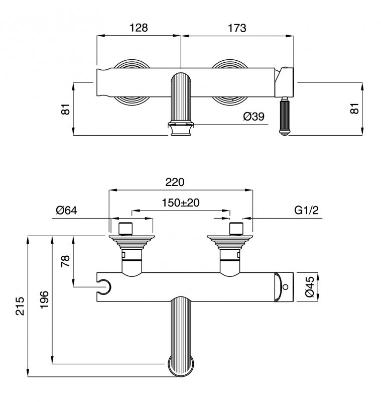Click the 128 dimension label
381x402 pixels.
point(139,28)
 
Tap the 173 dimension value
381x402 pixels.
point(237,28)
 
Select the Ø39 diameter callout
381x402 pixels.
point(253,117)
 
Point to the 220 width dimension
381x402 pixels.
point(175,182)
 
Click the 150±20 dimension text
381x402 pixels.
point(181,203)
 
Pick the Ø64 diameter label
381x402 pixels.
point(67,211)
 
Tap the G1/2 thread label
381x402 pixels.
point(307,210)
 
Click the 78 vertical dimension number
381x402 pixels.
point(66,261)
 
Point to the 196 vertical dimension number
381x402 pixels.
point(44,299)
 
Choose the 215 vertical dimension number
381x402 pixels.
point(20,306)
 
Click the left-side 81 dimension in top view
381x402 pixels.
point(66,109)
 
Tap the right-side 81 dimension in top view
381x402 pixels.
point(355,109)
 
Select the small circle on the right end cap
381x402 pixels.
point(286,286)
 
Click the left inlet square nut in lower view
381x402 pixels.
point(125,229)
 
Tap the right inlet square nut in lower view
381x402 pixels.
point(236,229)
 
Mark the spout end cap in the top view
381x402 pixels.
point(181,129)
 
